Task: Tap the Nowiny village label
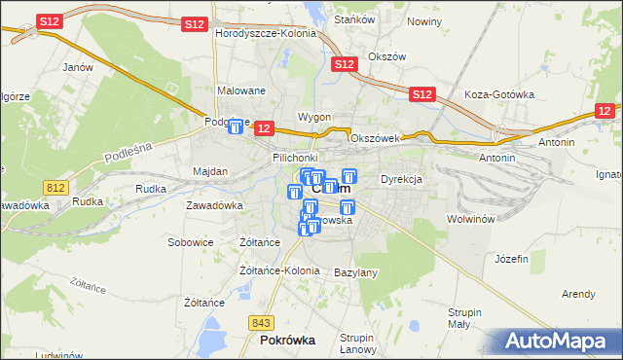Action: click(x=424, y=20)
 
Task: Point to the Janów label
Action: click(x=77, y=67)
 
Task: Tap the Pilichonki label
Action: click(x=296, y=157)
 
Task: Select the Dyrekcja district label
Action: click(x=400, y=179)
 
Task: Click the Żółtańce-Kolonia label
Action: click(x=279, y=270)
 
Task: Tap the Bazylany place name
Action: click(x=355, y=272)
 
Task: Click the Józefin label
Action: click(x=511, y=259)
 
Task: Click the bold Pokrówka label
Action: click(x=288, y=341)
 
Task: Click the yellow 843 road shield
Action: click(x=260, y=323)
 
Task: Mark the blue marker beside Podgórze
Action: click(x=236, y=126)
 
